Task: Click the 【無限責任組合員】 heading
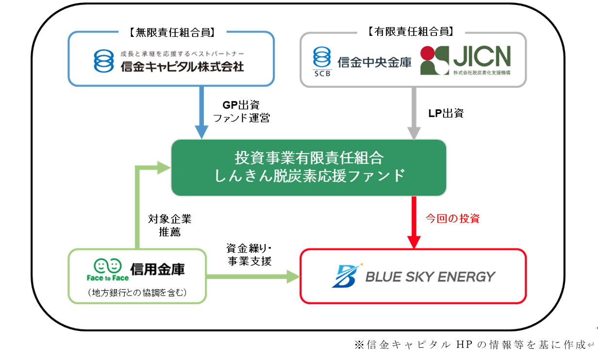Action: click(x=172, y=33)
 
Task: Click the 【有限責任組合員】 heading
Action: click(x=411, y=32)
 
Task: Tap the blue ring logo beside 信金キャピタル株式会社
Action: click(x=104, y=61)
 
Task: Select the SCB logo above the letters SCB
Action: click(x=322, y=57)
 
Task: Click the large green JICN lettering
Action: click(x=482, y=56)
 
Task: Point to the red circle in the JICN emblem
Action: click(x=428, y=53)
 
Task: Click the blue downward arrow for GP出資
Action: click(x=201, y=113)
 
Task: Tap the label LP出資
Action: click(x=446, y=113)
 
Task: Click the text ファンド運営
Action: click(x=242, y=118)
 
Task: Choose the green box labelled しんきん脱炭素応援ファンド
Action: click(x=309, y=167)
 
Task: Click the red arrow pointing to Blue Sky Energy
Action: click(x=414, y=223)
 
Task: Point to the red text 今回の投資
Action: click(x=453, y=218)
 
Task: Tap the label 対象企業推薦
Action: click(x=170, y=225)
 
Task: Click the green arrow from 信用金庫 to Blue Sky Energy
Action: click(x=253, y=277)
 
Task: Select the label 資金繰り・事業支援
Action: click(x=249, y=255)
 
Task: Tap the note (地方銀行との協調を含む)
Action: click(x=137, y=293)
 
